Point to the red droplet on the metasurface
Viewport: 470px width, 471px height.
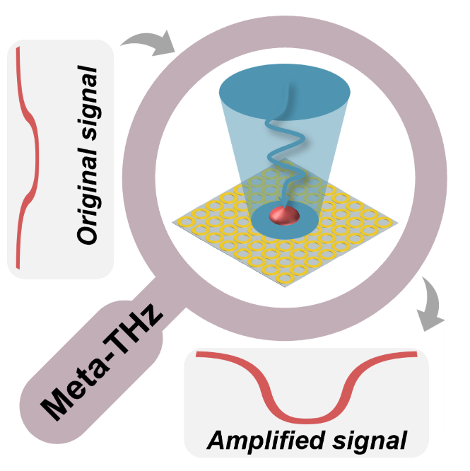[x=284, y=214]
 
